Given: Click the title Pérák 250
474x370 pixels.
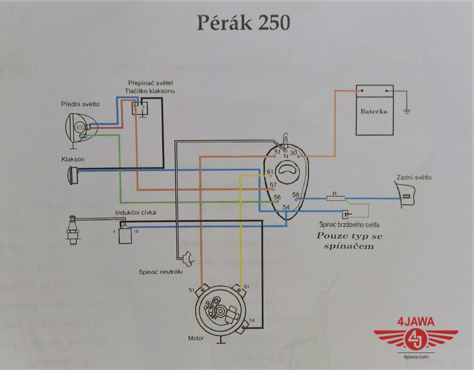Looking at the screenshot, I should click(x=243, y=23).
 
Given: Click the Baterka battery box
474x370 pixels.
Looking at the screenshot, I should click(x=374, y=111).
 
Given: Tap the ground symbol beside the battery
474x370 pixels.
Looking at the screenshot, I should click(x=407, y=110).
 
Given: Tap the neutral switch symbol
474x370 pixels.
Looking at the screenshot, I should click(x=188, y=259).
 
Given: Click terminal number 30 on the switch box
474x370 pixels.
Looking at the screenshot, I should click(x=294, y=153).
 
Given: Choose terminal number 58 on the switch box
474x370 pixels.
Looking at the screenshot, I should click(x=296, y=195).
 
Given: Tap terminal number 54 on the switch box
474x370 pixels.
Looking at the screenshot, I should click(x=286, y=207).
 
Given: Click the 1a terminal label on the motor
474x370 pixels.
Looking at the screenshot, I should click(x=252, y=320).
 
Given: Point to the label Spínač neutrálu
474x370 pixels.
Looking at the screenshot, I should click(x=161, y=272).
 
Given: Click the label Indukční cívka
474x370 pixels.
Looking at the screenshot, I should click(x=136, y=212).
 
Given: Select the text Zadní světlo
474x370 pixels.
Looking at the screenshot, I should click(x=414, y=177).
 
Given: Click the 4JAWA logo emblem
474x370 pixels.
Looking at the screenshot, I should click(x=415, y=337).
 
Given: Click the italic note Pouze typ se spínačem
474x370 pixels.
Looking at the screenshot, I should click(x=349, y=241).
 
